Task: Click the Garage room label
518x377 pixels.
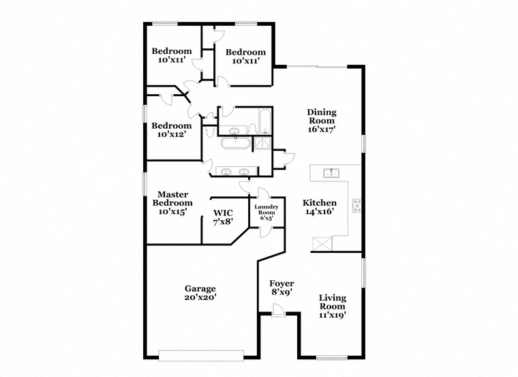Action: pos(200,292)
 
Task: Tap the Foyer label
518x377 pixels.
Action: pos(281,288)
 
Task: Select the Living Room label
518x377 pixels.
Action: pos(333,306)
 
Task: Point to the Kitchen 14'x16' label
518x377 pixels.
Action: pos(320,207)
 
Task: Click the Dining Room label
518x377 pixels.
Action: pos(322,121)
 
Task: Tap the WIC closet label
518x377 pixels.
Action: pos(223,217)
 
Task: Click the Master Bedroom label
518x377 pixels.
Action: pos(172,203)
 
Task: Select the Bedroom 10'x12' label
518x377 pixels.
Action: pos(172,130)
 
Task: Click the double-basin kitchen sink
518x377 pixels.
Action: pos(331,172)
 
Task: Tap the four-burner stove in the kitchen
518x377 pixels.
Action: pos(356,205)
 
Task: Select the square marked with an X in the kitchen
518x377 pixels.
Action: pos(322,244)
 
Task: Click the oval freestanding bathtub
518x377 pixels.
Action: pos(234,143)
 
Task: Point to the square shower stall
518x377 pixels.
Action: pos(262,144)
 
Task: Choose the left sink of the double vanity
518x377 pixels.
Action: pos(226,172)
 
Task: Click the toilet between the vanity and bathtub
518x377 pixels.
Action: pos(252,129)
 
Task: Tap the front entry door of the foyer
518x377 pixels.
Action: pos(279,311)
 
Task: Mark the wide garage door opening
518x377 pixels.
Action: pos(201,355)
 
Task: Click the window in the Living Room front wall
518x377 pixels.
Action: pos(332,357)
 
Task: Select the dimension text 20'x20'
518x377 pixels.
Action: pos(200,297)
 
